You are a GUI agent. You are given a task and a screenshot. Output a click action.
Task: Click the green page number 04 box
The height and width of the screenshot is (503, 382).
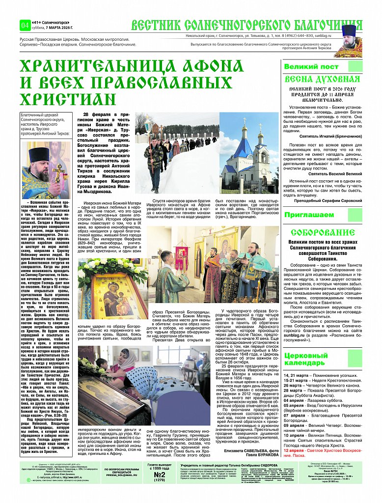(25, 25)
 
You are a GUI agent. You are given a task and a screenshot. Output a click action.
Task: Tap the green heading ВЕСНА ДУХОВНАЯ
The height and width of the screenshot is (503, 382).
(322, 80)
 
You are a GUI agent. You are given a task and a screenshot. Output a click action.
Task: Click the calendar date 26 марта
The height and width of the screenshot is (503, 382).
(293, 386)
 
